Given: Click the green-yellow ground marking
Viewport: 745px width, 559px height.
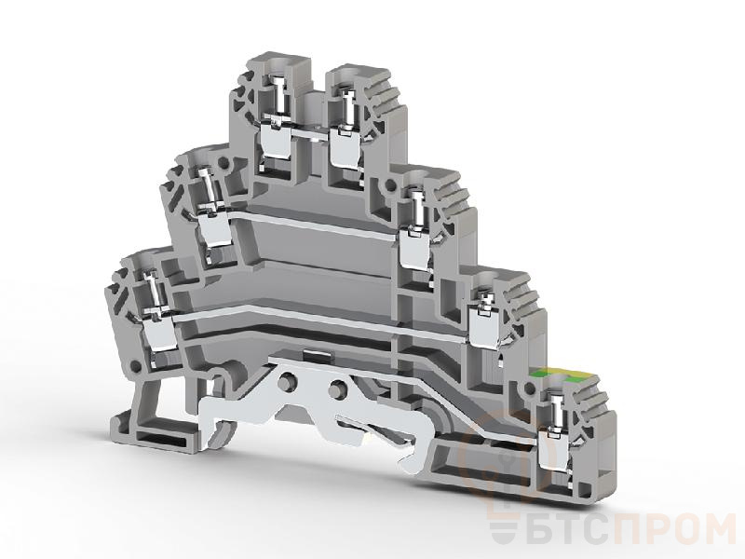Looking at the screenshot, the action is [557, 375].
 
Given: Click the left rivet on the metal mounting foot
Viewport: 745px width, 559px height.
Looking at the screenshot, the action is [286, 381].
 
